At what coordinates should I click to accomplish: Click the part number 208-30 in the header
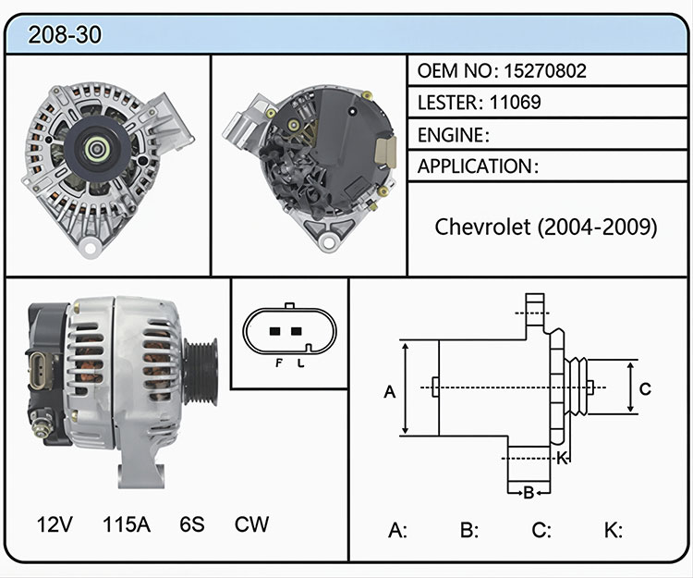click(65, 34)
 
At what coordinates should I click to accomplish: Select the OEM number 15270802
click(545, 71)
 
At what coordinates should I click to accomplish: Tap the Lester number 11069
click(515, 102)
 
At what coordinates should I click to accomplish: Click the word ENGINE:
click(454, 135)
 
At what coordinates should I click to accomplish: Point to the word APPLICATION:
click(479, 166)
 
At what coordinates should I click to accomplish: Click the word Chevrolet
click(482, 227)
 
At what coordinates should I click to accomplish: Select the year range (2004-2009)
click(598, 228)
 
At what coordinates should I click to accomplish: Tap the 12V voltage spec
click(55, 524)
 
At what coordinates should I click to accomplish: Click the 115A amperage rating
click(127, 524)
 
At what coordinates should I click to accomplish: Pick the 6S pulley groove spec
click(192, 524)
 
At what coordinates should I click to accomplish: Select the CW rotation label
click(251, 524)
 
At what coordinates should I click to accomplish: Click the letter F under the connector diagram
click(278, 363)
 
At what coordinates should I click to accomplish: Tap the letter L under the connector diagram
click(300, 363)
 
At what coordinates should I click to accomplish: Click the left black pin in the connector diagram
click(275, 331)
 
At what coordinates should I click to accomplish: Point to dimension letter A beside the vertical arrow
click(389, 392)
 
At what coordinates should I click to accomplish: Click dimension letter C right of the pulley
click(645, 388)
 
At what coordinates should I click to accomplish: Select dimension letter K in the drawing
click(561, 458)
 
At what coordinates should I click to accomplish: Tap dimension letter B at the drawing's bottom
click(529, 493)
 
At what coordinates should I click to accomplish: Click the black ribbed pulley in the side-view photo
click(201, 372)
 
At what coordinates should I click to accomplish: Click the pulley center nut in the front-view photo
click(97, 149)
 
